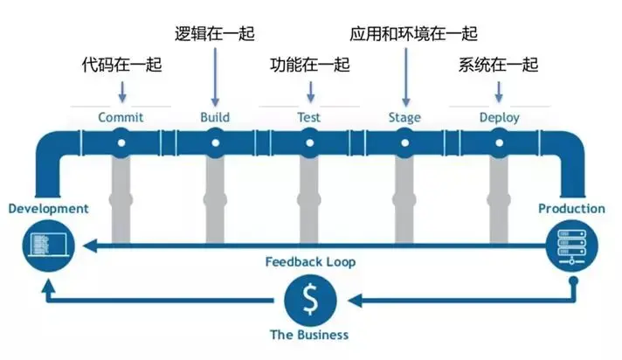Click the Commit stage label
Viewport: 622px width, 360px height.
(121, 118)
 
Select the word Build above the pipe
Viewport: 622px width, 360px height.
(215, 118)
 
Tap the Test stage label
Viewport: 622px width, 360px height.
(309, 118)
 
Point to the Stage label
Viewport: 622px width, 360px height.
(404, 118)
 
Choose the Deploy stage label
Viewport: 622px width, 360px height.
(499, 118)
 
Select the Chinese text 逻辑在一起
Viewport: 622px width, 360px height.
(215, 34)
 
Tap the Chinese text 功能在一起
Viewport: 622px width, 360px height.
(309, 66)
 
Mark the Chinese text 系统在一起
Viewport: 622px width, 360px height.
(499, 66)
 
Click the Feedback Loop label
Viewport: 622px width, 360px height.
(310, 262)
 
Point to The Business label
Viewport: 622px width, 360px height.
(309, 335)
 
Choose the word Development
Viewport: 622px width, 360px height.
(48, 209)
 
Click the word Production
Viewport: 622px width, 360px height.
(571, 209)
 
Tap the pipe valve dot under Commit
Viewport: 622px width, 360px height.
(121, 141)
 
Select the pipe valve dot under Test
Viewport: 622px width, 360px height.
(309, 141)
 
